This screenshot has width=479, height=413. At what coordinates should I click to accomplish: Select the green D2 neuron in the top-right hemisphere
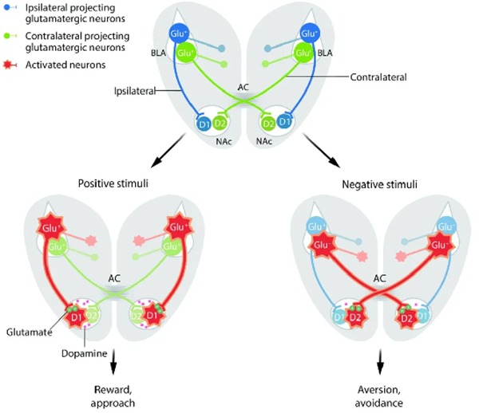pyautogui.click(x=269, y=124)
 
